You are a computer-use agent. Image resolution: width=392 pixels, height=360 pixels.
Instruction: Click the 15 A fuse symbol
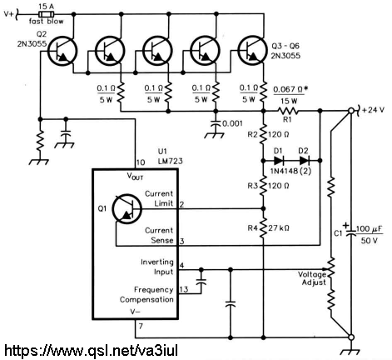pos(47,14)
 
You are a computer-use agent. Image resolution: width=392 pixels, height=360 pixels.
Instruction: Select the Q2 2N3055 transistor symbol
pos(62,51)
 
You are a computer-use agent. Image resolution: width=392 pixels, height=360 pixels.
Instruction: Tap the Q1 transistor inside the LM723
pos(127,208)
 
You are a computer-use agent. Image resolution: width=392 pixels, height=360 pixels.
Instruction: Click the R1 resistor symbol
pos(288,111)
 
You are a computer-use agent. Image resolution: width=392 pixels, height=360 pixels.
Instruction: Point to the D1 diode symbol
pos(278,161)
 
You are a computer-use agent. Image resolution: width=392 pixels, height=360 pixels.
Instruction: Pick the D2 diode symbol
pos(305,161)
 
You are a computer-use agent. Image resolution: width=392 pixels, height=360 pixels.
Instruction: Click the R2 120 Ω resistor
pos(264,134)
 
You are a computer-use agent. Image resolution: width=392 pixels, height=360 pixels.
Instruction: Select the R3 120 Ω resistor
pos(264,186)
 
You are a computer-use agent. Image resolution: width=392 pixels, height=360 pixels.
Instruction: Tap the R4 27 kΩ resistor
pos(264,228)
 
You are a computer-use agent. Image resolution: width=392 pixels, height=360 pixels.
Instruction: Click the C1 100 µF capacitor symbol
pos(351,232)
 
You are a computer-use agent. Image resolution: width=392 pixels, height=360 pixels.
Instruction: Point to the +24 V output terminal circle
pos(351,111)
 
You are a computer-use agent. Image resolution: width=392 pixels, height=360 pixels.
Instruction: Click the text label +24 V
pos(373,110)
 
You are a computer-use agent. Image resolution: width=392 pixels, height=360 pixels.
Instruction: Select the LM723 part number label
pos(171,161)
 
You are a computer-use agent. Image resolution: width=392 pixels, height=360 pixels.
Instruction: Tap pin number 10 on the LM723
pos(141,162)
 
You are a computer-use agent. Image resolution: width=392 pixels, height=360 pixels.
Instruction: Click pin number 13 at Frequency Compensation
pos(184,289)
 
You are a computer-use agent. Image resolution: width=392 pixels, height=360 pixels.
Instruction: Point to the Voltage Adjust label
pos(313,278)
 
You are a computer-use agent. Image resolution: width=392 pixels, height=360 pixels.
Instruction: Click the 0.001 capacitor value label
pos(232,123)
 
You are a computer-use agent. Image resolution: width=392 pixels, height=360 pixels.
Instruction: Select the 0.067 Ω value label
pos(290,90)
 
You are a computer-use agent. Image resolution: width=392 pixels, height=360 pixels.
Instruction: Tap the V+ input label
pos(8,14)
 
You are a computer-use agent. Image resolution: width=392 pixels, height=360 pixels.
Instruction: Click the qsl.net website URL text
pos(91,351)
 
